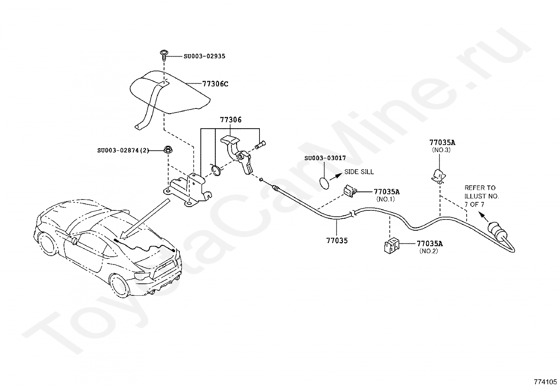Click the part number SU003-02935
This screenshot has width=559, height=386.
click(204, 56)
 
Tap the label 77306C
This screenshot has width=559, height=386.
click(215, 84)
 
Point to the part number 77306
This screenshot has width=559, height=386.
click(231, 120)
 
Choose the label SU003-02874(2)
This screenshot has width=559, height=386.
click(123, 150)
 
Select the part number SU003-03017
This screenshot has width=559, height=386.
click(325, 158)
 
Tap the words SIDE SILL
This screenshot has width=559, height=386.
click(359, 172)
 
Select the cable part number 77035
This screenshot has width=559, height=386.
click(337, 241)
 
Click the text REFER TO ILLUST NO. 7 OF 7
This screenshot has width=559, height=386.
click(481, 196)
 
